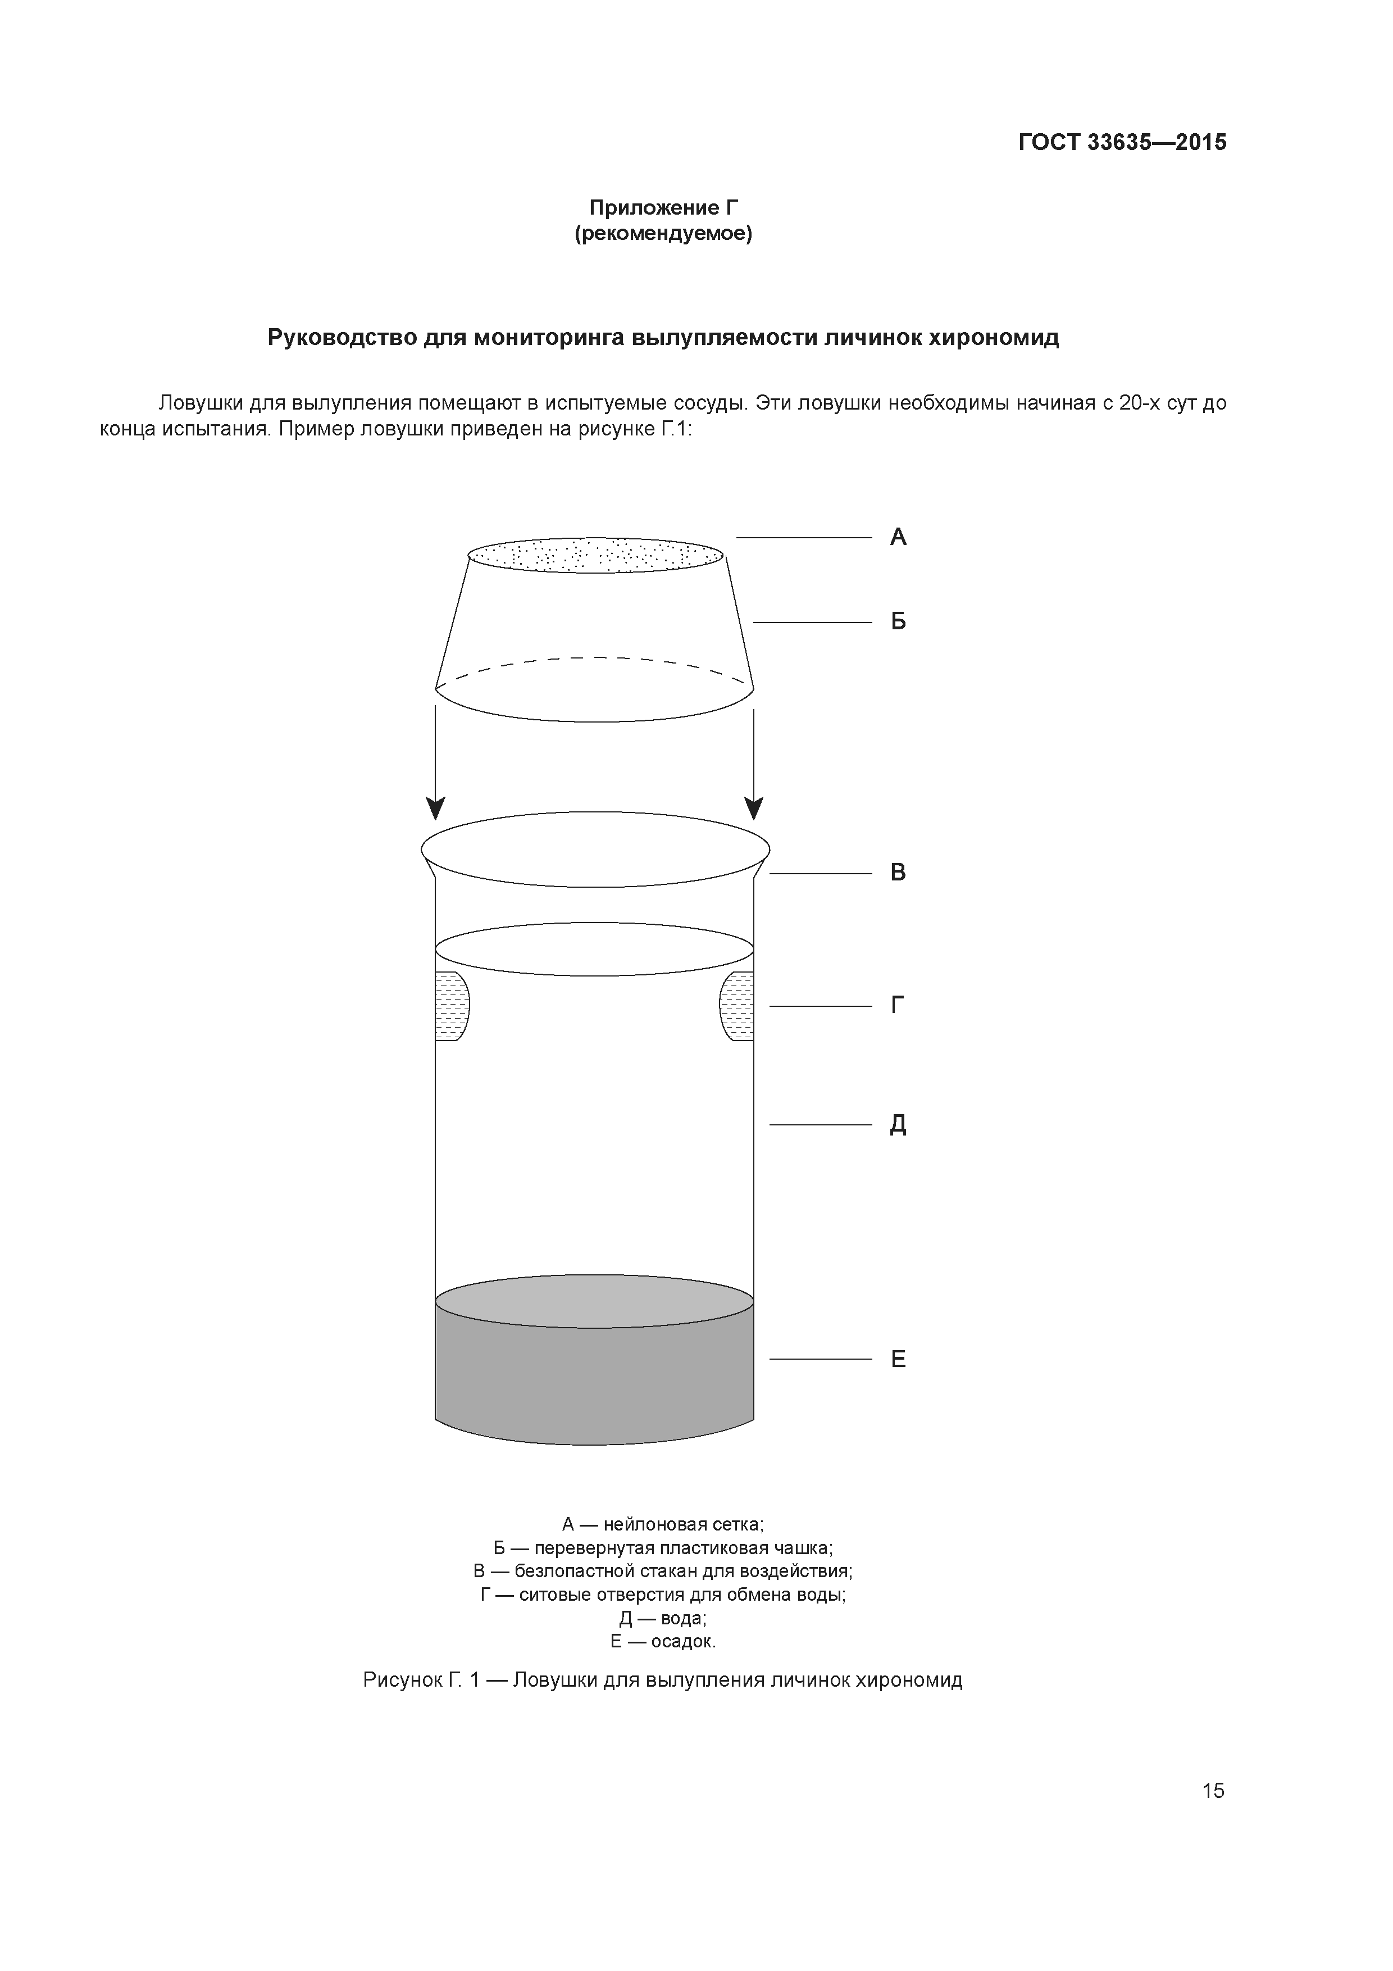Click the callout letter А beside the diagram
898,537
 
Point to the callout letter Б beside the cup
898,621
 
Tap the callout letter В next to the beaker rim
898,873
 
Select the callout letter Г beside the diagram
898,1005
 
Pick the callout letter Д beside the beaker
898,1125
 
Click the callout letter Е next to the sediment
898,1359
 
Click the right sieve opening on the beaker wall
738,1006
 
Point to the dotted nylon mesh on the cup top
595,556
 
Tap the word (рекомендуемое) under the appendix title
663,234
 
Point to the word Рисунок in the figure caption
401,1680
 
